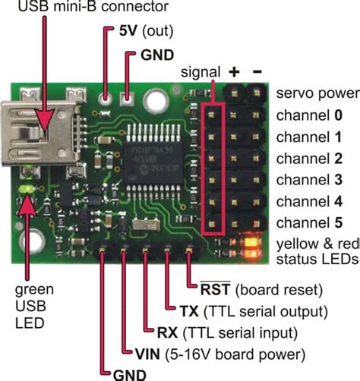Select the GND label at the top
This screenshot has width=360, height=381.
pos(156,55)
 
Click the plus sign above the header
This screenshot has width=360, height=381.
pos(233,71)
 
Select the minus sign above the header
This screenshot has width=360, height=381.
pos(257,71)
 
